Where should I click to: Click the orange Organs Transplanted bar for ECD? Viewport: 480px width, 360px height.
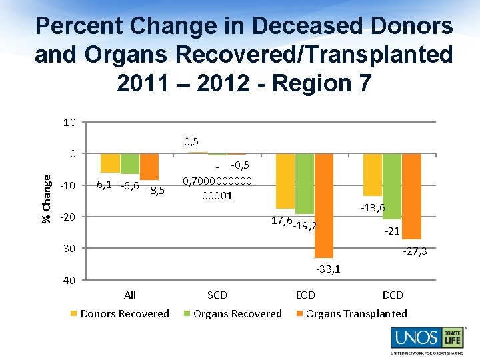coord(324,205)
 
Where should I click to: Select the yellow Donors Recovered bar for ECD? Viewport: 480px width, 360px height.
coord(285,181)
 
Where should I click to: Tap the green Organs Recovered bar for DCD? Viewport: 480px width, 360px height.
coord(392,186)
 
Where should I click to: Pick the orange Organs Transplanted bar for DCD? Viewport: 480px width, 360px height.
coord(412,196)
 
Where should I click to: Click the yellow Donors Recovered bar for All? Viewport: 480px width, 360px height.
coord(110,163)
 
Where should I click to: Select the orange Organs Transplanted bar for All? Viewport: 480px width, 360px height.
coord(149,167)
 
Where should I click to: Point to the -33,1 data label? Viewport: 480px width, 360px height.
coord(329,269)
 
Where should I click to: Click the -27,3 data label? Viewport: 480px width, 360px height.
coord(414,251)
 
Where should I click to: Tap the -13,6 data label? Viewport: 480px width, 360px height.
coord(373,208)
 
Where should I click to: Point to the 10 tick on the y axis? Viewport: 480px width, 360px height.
coord(69,123)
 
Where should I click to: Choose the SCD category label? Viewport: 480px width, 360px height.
coord(217,295)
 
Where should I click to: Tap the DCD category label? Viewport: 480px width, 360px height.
coord(392,295)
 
